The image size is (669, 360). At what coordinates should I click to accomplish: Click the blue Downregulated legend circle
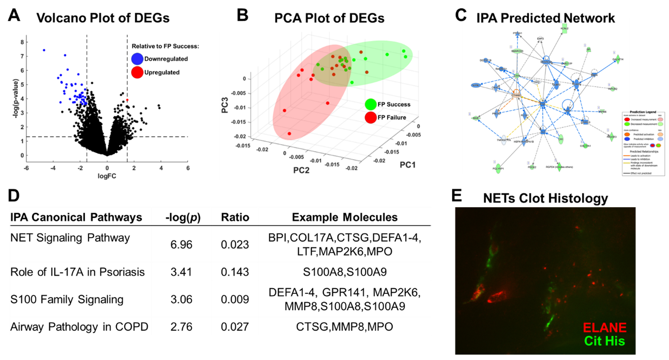click(x=137, y=59)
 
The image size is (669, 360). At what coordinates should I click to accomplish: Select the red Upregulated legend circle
click(x=137, y=72)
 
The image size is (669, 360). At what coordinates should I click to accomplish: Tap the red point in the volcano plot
click(x=127, y=100)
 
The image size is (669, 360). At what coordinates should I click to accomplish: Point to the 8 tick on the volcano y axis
click(x=22, y=42)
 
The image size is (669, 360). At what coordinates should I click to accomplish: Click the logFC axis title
click(x=107, y=176)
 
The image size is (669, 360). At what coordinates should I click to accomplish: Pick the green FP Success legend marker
click(x=371, y=105)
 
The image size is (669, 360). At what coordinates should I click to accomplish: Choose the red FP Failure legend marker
click(x=371, y=118)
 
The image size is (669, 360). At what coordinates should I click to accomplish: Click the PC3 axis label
click(x=225, y=105)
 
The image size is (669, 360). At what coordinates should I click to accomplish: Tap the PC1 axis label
click(x=408, y=165)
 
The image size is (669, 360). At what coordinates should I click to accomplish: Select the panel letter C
click(x=461, y=15)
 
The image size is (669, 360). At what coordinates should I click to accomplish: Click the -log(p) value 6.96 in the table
click(x=181, y=244)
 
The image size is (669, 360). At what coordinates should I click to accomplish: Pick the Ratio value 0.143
click(x=235, y=272)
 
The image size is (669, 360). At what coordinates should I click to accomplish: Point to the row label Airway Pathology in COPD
click(x=79, y=327)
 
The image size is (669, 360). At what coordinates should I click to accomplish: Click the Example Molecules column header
click(x=345, y=217)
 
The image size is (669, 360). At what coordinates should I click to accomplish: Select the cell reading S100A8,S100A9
click(x=345, y=272)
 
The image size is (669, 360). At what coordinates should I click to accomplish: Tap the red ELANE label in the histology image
click(x=605, y=328)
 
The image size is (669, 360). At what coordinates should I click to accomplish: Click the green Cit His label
click(x=605, y=341)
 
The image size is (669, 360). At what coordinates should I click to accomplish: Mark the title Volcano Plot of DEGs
click(x=103, y=18)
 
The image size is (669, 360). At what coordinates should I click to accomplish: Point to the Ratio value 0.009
click(x=235, y=299)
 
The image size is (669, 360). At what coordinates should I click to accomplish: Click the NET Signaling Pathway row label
click(x=70, y=238)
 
